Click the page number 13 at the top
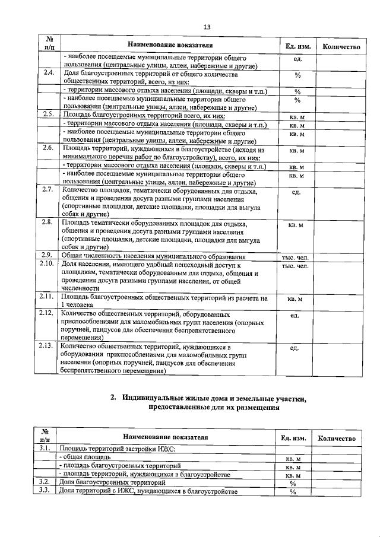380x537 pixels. point(207,27)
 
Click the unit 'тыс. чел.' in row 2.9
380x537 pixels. point(295,256)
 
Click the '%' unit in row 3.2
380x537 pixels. point(293,483)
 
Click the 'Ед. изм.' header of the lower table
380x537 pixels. point(293,438)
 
